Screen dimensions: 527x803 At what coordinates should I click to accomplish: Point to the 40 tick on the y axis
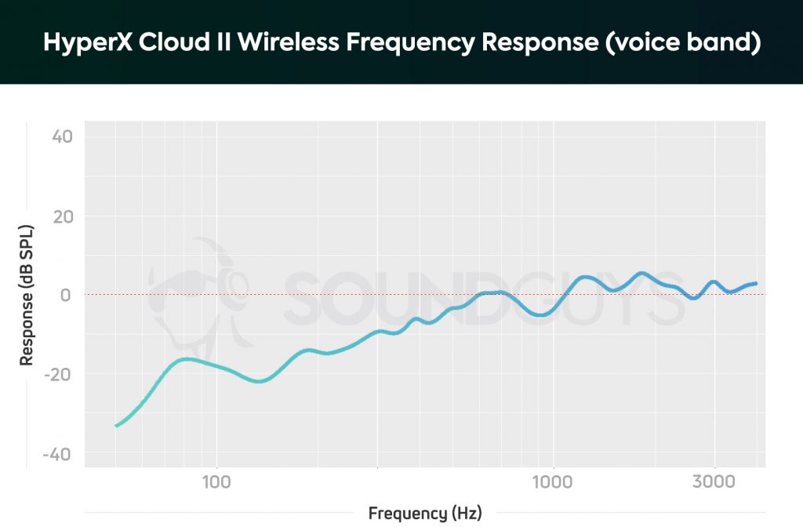coord(62,136)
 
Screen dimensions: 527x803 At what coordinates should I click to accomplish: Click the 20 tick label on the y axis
coord(62,216)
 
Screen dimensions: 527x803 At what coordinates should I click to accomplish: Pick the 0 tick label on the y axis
coord(67,295)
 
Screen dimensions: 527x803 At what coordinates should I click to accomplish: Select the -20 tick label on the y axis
coord(59,375)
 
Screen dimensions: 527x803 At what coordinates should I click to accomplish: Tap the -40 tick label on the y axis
coord(59,455)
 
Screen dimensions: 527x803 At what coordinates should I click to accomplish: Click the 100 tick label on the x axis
coord(216,481)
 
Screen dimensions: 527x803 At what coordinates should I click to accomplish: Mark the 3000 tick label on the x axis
coord(714,481)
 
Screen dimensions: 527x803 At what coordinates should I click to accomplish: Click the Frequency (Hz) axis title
coord(425,514)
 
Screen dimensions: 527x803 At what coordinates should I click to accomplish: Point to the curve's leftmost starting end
coord(116,426)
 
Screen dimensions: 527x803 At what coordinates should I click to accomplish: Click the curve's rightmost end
coord(755,283)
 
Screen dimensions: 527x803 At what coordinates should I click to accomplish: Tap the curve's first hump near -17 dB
coord(187,359)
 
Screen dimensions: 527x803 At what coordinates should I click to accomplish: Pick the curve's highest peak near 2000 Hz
coord(641,274)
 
